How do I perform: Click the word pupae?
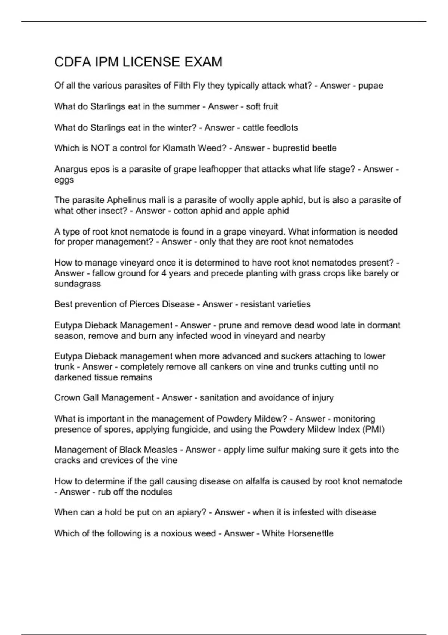tap(370, 86)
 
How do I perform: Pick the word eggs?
tap(64, 180)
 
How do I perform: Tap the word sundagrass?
tap(77, 284)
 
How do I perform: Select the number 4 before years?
tap(164, 273)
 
